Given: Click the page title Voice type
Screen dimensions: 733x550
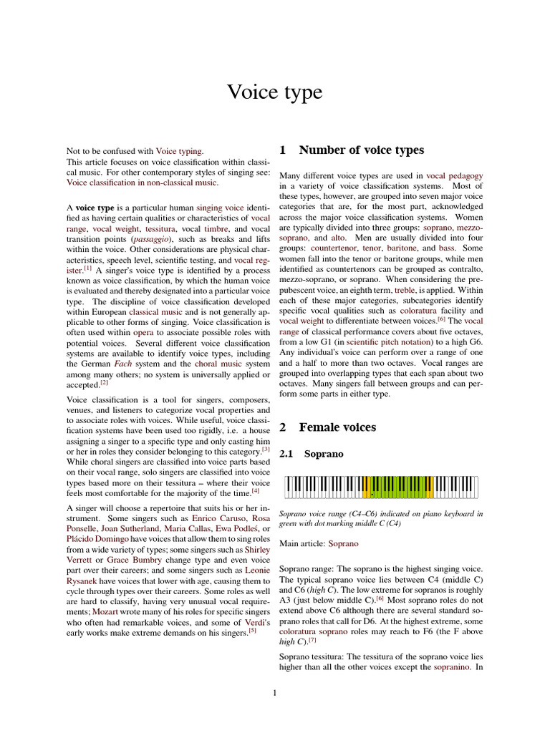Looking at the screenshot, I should point(274,92).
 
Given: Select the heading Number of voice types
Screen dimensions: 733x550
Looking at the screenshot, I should point(361,150).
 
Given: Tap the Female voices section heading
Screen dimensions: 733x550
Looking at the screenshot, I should point(337,427).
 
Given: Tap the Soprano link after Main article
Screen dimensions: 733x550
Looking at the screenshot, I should point(343,544).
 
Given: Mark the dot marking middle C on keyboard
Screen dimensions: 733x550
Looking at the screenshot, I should point(372,495).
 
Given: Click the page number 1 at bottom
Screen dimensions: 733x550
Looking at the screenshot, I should point(275,692).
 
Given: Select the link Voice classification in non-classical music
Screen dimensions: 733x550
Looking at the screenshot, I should point(143,183).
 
